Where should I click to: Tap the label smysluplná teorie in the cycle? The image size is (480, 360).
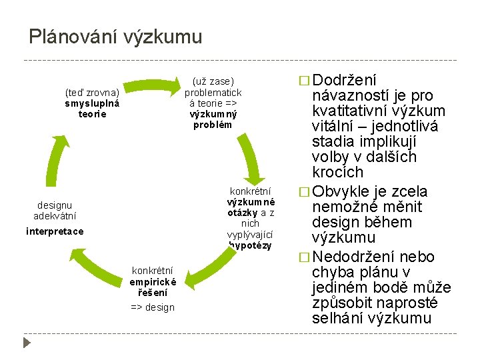(92, 109)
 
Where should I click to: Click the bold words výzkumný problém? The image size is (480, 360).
(213, 119)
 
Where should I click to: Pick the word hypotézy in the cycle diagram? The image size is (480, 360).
(250, 245)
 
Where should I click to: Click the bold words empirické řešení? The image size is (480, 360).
(153, 287)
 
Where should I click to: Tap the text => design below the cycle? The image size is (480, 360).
(153, 307)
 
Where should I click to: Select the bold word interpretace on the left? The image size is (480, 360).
(55, 231)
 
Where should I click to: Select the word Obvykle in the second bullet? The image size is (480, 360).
(341, 192)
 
